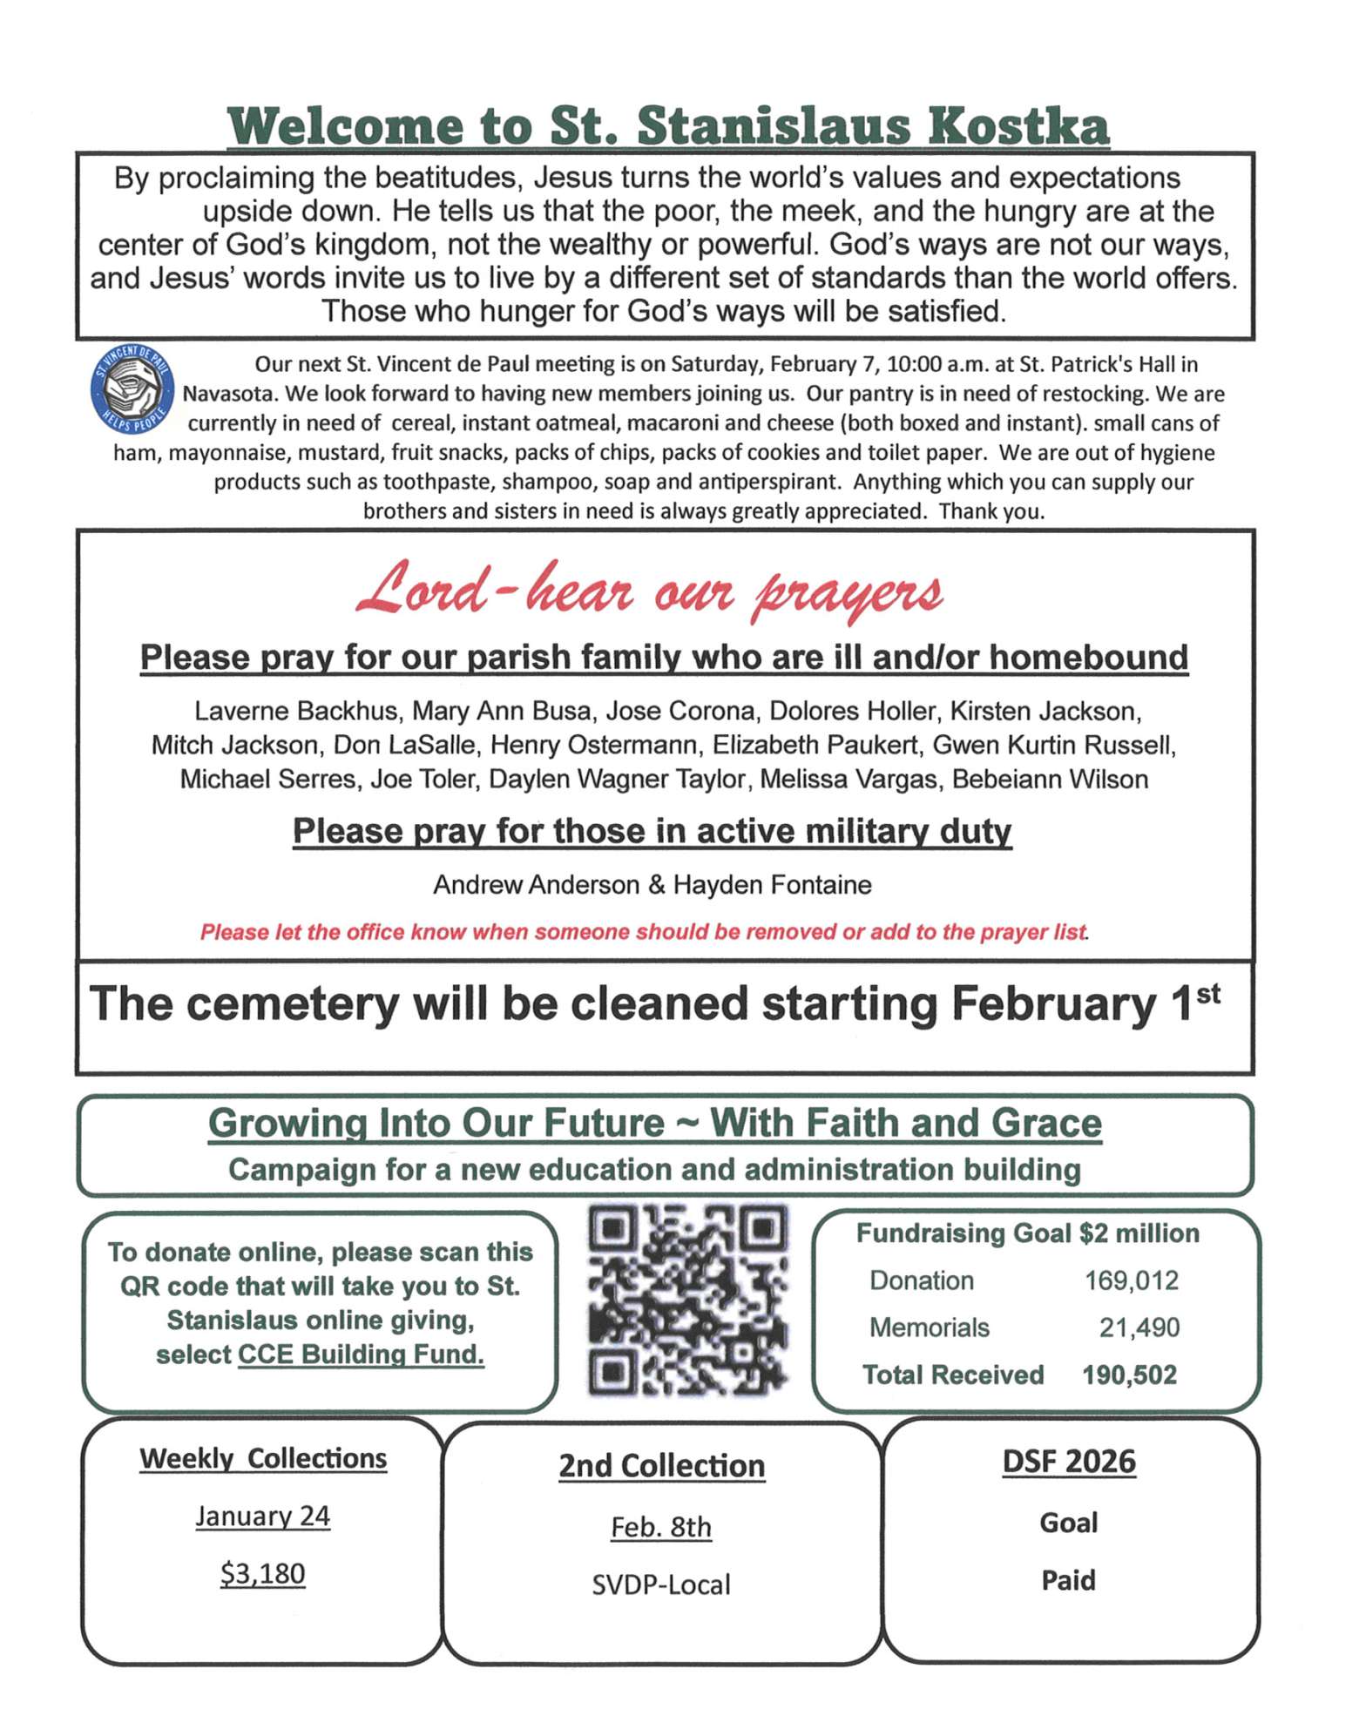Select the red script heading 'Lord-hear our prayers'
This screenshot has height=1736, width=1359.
point(649,591)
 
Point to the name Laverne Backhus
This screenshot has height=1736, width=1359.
point(295,711)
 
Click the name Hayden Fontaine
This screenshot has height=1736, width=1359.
point(772,885)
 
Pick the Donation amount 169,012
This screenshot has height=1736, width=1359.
point(1131,1280)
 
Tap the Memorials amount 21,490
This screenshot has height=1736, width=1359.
point(1139,1327)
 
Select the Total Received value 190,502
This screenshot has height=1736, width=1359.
point(1129,1375)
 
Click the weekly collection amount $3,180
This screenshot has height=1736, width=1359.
point(262,1574)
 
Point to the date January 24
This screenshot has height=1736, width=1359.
point(262,1516)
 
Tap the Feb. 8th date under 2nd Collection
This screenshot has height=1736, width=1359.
point(661,1527)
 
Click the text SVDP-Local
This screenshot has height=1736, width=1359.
point(661,1584)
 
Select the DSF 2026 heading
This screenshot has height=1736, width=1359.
point(1069,1462)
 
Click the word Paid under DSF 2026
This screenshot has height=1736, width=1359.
point(1069,1580)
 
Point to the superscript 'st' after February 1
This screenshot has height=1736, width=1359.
point(1207,994)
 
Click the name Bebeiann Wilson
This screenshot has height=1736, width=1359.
point(1050,779)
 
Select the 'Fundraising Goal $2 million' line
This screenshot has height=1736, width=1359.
point(1028,1233)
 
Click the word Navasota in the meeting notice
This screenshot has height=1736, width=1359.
point(230,394)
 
